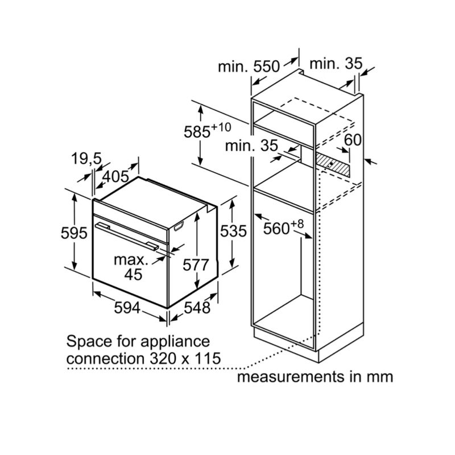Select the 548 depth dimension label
tap(197, 307)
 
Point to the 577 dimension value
tap(197, 264)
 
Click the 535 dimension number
tap(234, 231)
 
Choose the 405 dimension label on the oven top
tap(116, 176)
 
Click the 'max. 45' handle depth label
tap(130, 267)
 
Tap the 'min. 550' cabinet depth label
tap(249, 66)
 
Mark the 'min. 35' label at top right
tap(335, 64)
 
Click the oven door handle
tap(127, 235)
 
